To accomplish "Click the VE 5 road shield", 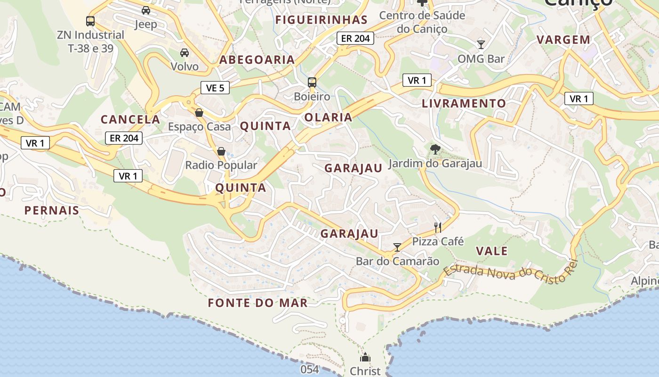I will pos(215,87).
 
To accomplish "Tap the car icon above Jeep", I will pos(146,10).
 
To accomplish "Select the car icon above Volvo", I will pos(185,53).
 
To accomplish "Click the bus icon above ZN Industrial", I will pos(90,21).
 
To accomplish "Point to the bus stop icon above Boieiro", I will pos(312,82).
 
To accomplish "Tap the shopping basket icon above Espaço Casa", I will pos(199,113).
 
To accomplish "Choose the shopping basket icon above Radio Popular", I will pos(221,151).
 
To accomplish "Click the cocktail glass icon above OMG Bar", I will pos(481,45).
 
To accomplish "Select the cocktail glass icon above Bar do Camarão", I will pos(397,247).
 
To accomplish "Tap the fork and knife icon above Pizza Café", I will pos(438,228).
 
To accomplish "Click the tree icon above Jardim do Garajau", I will pos(435,150).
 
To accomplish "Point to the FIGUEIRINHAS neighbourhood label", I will pos(321,20).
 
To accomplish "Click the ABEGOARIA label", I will pos(257,60).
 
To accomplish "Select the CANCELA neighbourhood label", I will pos(130,120).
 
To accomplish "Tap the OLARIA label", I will pos(329,117).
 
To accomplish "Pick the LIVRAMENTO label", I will pos(464,104).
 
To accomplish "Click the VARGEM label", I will pos(563,40).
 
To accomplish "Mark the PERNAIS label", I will pos(52,211).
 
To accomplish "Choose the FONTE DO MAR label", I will pos(258,303).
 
